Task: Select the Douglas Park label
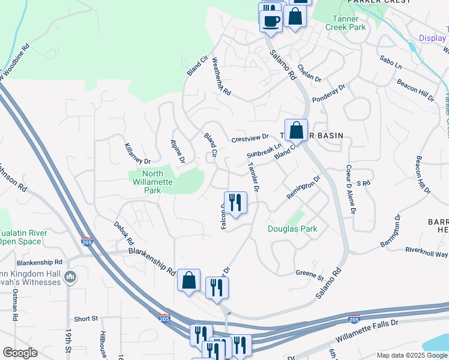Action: pos(292,229)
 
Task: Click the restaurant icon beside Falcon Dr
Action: pos(235,202)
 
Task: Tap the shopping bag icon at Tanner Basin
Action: pos(296,130)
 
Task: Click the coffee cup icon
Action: pos(271,20)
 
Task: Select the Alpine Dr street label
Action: pos(178,152)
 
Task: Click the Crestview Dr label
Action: pos(250,139)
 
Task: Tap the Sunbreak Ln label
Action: pos(264,151)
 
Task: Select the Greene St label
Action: pos(309,275)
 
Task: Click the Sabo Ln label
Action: pos(391,62)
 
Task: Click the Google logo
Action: pos(20,353)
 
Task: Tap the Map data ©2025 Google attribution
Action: pos(411,355)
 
